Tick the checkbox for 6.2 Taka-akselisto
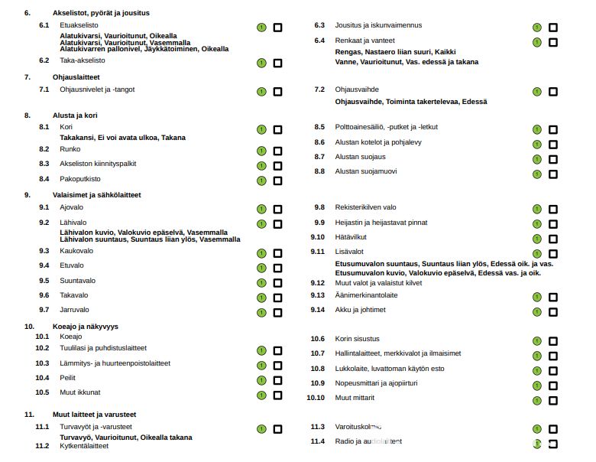click(277, 61)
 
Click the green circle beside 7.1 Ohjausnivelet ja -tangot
click(261, 91)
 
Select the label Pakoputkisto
click(79, 178)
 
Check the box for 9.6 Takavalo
click(277, 297)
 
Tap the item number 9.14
click(318, 310)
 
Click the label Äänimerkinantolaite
click(366, 295)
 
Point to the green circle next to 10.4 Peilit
click(261, 380)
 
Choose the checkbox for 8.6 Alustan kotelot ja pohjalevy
click(552, 144)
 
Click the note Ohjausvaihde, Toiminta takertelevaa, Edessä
click(410, 102)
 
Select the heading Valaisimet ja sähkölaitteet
click(96, 195)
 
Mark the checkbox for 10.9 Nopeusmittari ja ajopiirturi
click(552, 385)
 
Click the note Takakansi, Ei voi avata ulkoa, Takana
click(122, 138)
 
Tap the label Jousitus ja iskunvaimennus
click(377, 25)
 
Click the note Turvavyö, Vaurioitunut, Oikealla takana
click(126, 438)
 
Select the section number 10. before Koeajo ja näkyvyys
click(28, 326)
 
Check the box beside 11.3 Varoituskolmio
click(552, 429)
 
